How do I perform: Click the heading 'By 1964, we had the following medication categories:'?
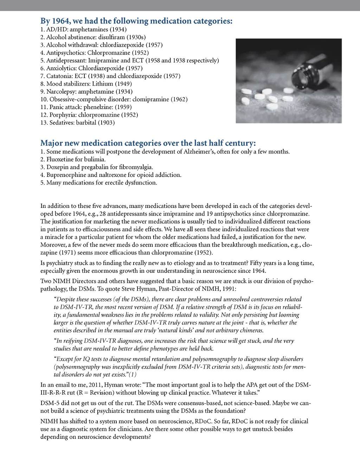[x=136, y=21]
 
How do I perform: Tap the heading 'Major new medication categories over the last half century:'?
[x=148, y=143]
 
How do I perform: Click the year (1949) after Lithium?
[x=123, y=84]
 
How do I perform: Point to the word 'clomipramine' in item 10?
[x=151, y=99]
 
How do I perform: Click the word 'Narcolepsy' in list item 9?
[x=60, y=91]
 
